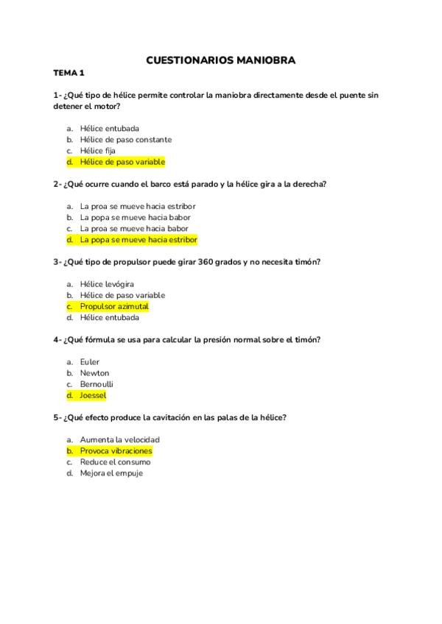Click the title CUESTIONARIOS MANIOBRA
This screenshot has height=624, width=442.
221,60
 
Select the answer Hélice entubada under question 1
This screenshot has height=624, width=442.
110,128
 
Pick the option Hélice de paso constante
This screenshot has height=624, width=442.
126,139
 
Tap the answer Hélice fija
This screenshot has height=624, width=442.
98,151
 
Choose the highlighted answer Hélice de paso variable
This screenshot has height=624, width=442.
122,162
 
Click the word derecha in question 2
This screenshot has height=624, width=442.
306,184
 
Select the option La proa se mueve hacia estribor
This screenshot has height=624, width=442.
138,206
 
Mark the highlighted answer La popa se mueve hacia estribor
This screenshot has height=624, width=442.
138,240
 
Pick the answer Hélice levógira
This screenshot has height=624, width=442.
108,284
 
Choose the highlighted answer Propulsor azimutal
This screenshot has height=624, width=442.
114,306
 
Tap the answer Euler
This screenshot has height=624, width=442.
90,362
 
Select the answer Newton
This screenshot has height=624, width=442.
94,373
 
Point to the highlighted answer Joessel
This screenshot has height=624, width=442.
94,395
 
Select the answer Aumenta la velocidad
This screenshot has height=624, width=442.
119,439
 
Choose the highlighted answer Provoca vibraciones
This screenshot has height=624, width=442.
116,450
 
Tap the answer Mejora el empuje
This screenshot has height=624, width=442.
111,473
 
